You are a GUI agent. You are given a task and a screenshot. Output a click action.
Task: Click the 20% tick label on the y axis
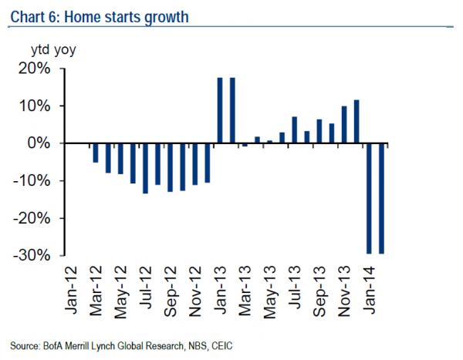point(33,69)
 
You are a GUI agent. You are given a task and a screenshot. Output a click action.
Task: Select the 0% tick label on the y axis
point(39,143)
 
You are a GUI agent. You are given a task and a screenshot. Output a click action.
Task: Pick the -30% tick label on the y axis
point(30,255)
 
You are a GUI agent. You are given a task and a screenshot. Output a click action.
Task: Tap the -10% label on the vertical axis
point(30,181)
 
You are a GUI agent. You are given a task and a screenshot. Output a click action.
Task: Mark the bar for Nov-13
point(344,125)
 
